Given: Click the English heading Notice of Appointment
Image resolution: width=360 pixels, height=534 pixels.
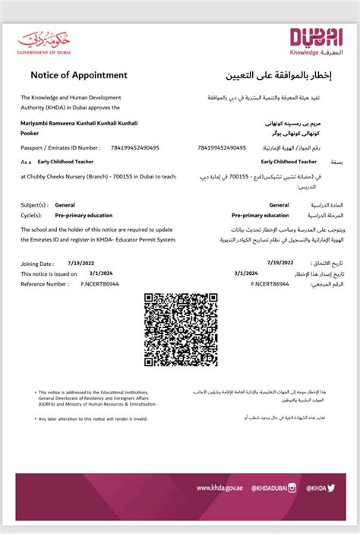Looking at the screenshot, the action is [x=79, y=76].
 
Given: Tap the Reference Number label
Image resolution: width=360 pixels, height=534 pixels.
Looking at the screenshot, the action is [x=45, y=283].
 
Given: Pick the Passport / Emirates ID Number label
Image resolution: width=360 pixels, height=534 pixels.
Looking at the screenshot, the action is [x=60, y=147].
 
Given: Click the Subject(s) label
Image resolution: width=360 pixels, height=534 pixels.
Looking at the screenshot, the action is [x=35, y=205].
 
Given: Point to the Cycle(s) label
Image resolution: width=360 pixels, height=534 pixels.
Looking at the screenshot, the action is [x=33, y=215].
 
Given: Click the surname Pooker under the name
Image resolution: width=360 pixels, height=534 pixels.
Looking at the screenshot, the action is [x=30, y=131].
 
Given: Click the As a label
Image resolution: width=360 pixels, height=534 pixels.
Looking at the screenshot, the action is [x=27, y=162].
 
